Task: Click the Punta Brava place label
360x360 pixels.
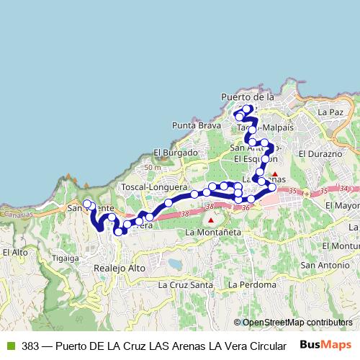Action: click(197, 125)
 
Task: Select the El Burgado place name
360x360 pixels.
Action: click(175, 153)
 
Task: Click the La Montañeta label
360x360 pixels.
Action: click(210, 233)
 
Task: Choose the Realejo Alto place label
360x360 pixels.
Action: click(120, 268)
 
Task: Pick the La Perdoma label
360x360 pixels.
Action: click(251, 285)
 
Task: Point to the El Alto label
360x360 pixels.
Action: click(15, 253)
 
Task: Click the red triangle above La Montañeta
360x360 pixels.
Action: click(210, 220)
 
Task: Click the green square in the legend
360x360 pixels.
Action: click(11, 346)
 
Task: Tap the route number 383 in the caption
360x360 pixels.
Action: click(30, 346)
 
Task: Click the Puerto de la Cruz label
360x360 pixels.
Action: click(248, 97)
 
